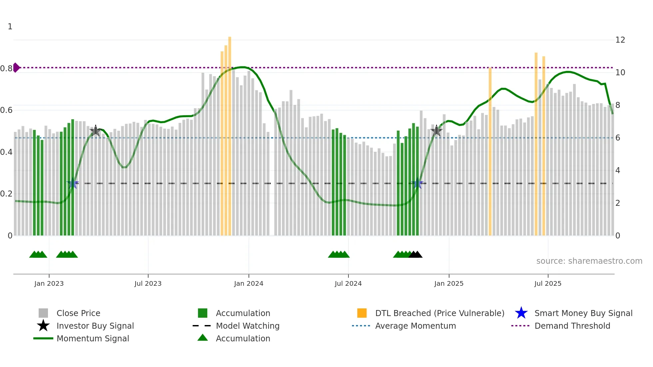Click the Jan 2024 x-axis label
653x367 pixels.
pyautogui.click(x=249, y=283)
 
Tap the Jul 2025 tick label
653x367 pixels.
pyautogui.click(x=548, y=283)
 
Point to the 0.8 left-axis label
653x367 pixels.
pyautogui.click(x=6, y=69)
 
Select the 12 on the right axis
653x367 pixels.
pyautogui.click(x=620, y=40)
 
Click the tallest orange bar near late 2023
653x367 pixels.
pyautogui.click(x=230, y=133)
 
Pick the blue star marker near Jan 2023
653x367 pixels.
pyautogui.click(x=73, y=183)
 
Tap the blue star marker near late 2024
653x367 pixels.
pyautogui.click(x=417, y=183)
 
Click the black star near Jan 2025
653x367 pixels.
pyautogui.click(x=436, y=131)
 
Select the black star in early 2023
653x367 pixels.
pyautogui.click(x=96, y=131)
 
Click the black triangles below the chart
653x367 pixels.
pyautogui.click(x=415, y=255)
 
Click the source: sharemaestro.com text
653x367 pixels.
pyautogui.click(x=589, y=261)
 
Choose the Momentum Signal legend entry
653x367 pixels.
pyautogui.click(x=93, y=339)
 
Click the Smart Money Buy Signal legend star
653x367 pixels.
pyautogui.click(x=521, y=313)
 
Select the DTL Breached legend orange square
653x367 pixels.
pyautogui.click(x=362, y=313)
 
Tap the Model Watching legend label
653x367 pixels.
pyautogui.click(x=248, y=326)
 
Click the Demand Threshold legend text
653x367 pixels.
pyautogui.click(x=572, y=326)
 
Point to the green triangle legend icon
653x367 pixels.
pyautogui.click(x=203, y=338)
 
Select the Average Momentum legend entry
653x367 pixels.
pyautogui.click(x=415, y=326)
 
